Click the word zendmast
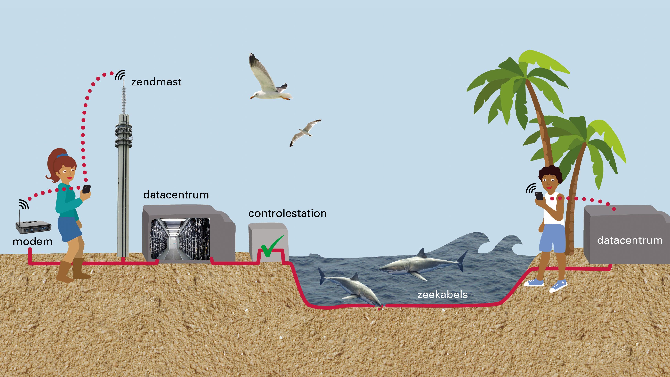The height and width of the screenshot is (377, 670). coord(156,82)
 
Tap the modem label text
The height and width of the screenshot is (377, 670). coord(33,242)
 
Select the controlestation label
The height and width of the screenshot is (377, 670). coord(287,214)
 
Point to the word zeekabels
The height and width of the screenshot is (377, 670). coord(442,295)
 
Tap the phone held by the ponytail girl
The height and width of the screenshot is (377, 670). coord(86,189)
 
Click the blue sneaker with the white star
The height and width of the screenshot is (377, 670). coord(558,286)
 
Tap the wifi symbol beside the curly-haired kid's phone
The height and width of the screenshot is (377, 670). coord(531,188)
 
